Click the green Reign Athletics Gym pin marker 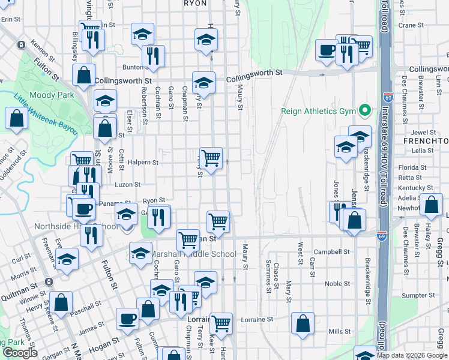[x=364, y=110]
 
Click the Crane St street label [x=411, y=25]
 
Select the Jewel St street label [x=423, y=132]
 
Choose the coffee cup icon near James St [x=127, y=319]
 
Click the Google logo [x=20, y=353]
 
